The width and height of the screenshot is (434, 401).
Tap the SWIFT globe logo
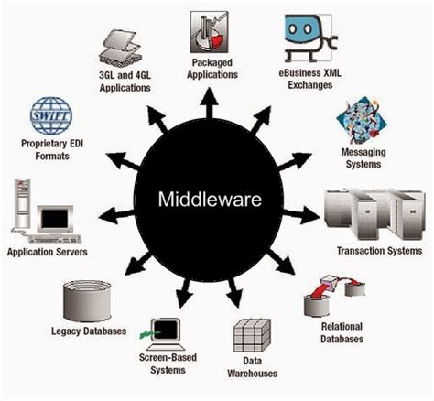(x=50, y=116)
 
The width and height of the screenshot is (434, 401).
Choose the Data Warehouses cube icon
(x=251, y=335)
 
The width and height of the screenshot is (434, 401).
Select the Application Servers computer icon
(x=40, y=212)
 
